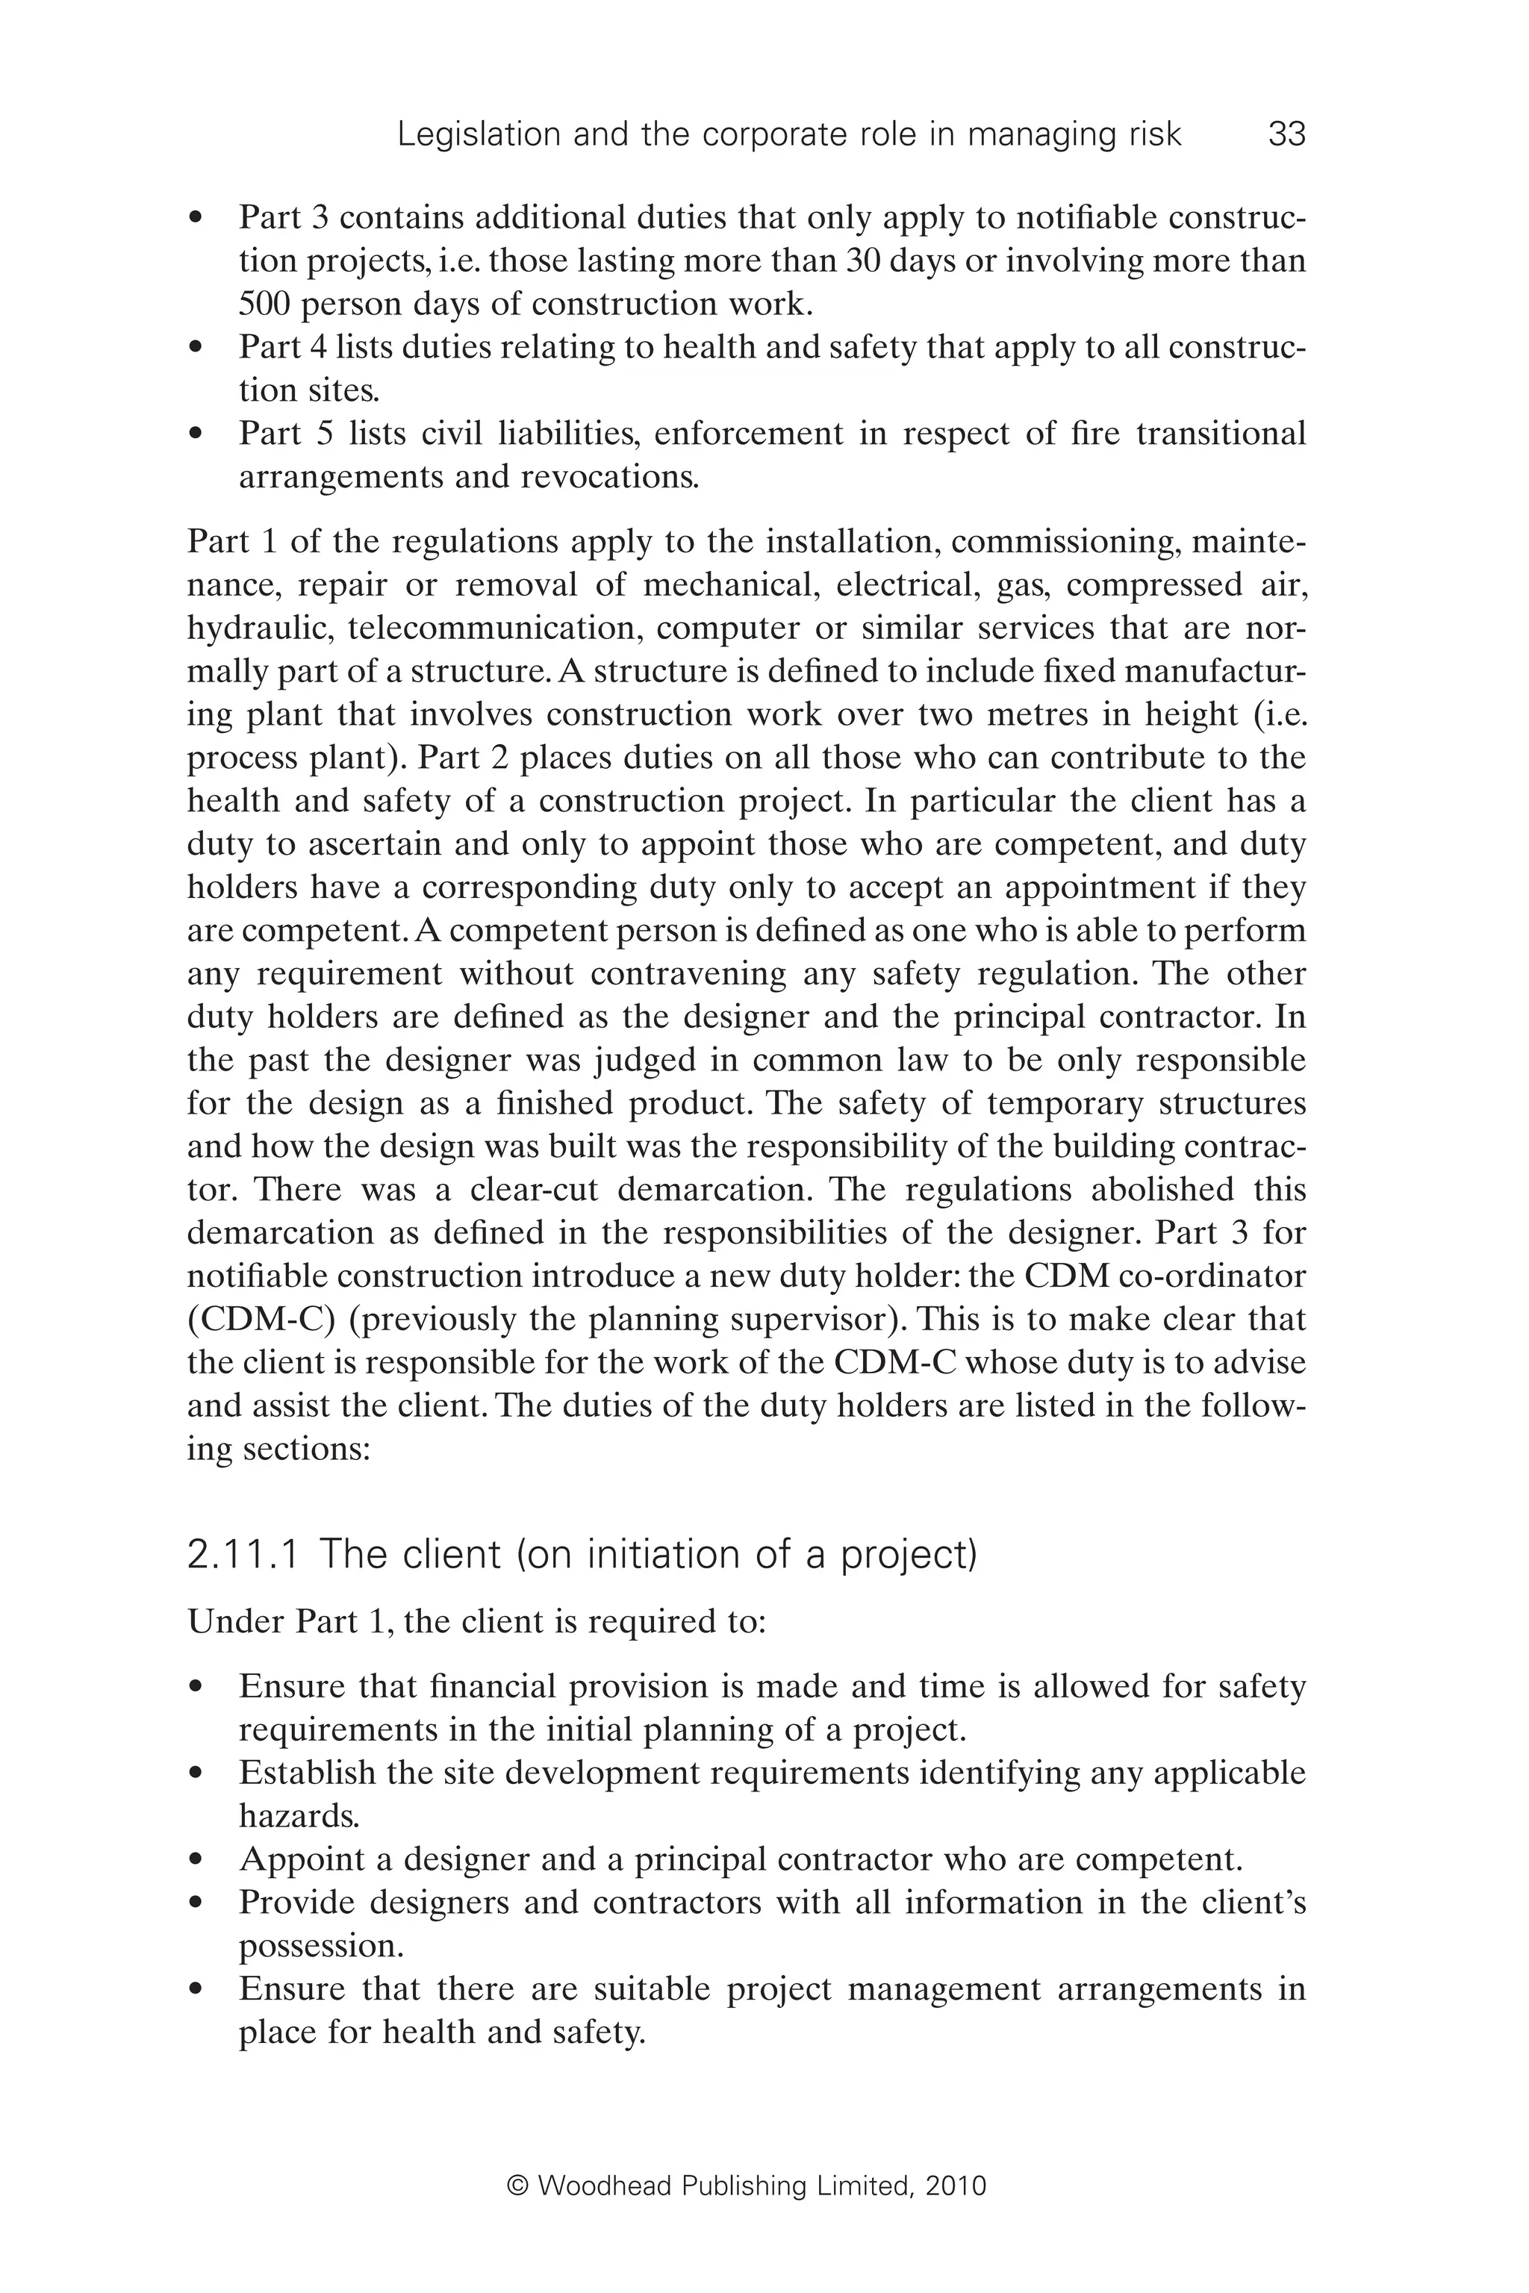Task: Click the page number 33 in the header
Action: pyautogui.click(x=1286, y=134)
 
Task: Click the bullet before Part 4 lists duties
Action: pyautogui.click(x=197, y=347)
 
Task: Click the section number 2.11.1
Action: pyautogui.click(x=242, y=1554)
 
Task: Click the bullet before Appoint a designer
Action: pyautogui.click(x=197, y=1860)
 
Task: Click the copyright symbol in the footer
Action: pyautogui.click(x=518, y=2186)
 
